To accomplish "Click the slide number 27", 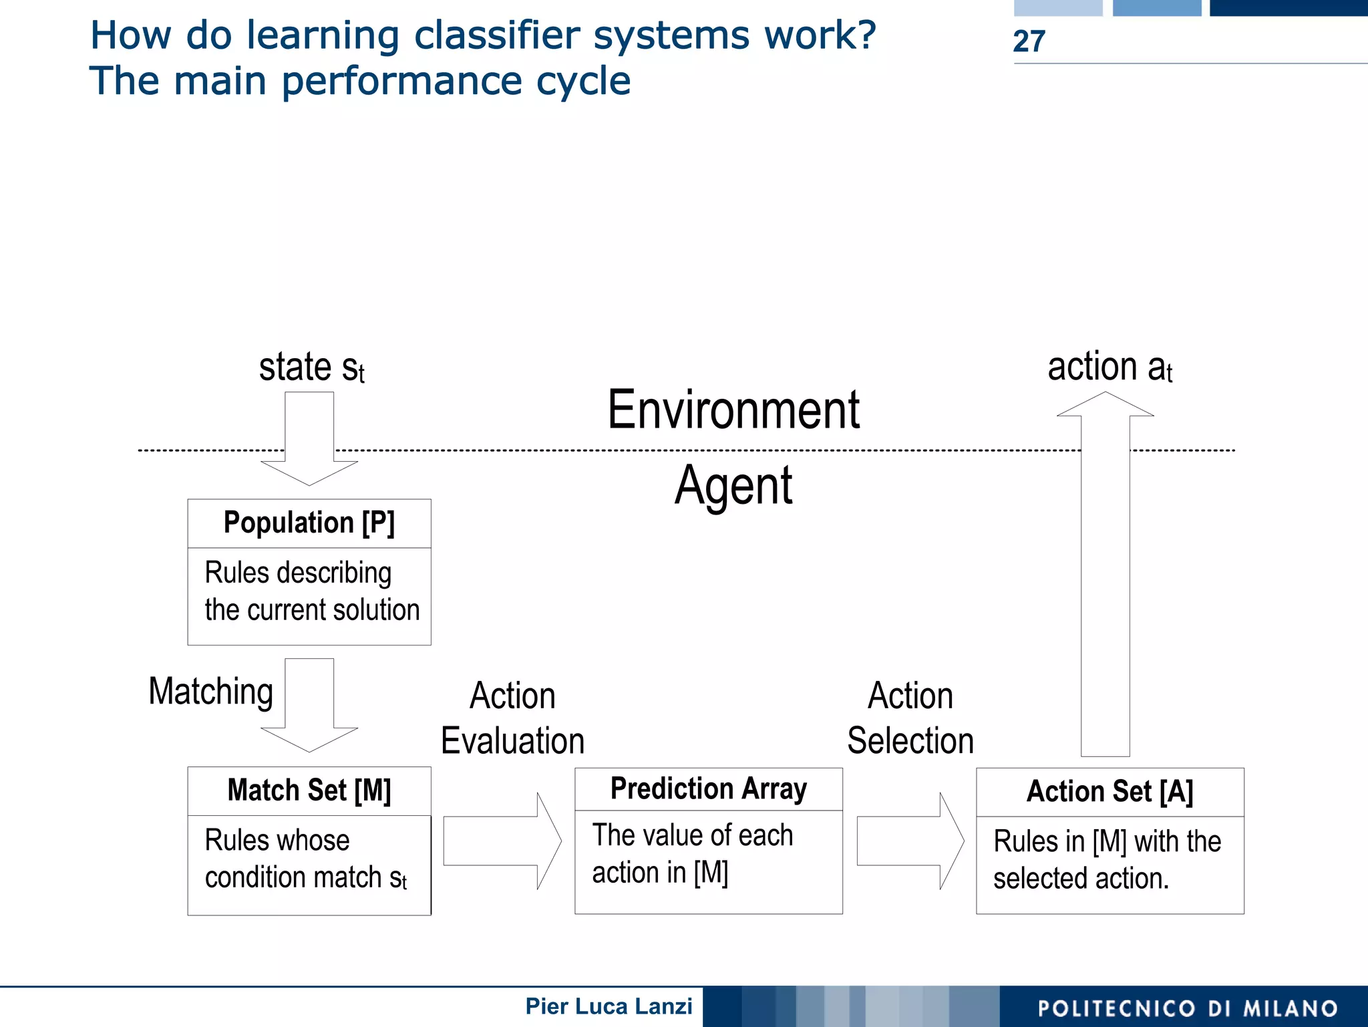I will point(1029,41).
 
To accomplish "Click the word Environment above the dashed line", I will point(733,410).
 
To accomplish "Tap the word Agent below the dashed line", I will point(733,486).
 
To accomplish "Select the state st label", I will point(311,368).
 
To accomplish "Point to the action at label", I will point(1109,368).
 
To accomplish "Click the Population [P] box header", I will point(309,523).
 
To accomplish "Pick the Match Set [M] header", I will point(309,790).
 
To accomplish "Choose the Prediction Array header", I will point(708,789).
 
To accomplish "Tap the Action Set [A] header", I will point(1109,792).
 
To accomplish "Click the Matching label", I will point(211,692).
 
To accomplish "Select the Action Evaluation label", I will point(512,718).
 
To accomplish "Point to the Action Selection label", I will point(910,718).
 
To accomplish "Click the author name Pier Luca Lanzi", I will point(609,1006).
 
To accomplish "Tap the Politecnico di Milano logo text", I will point(1188,1008).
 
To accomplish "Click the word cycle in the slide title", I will point(583,82).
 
